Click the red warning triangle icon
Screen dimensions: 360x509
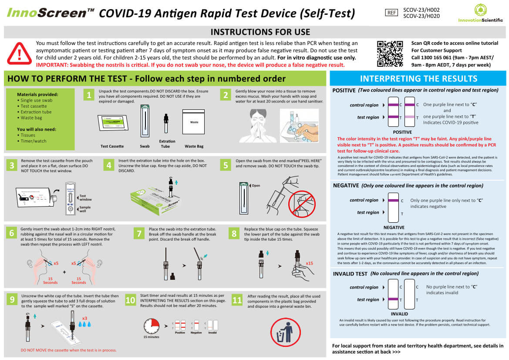19,53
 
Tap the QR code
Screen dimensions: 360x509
390,54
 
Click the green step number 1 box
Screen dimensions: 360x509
89,95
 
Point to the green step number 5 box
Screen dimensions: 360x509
225,165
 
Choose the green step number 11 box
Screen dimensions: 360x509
237,300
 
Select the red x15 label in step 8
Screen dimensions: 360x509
310,263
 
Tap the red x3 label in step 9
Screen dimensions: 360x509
84,318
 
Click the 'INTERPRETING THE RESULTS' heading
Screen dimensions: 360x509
418,78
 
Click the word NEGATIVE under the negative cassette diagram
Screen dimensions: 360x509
394,228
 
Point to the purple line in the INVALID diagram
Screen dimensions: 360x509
394,299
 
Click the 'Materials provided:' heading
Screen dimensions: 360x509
37,94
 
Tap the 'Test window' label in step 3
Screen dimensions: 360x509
86,198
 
